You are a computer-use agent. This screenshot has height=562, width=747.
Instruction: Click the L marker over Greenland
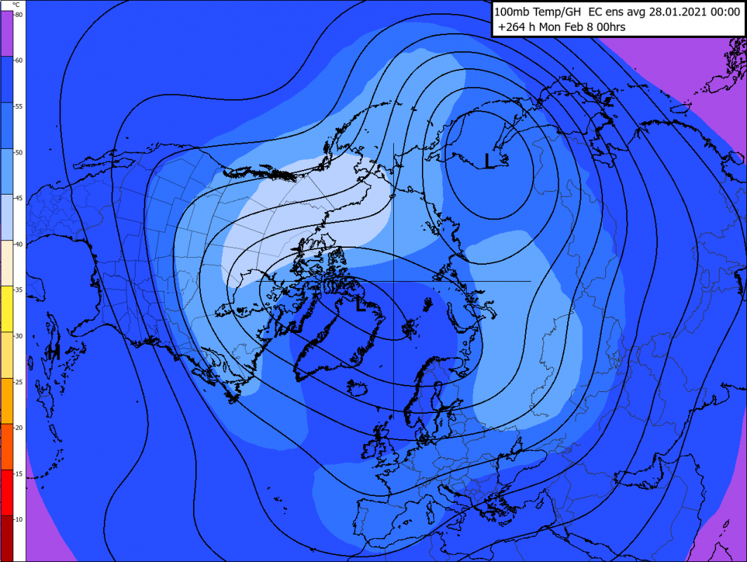pos(360,305)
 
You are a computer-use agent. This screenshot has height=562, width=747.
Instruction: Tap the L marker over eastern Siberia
pos(489,160)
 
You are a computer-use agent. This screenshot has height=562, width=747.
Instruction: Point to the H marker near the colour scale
pos(52,351)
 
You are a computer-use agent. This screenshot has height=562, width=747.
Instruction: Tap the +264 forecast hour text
pos(512,27)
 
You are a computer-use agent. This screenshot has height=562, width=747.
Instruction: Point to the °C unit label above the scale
pos(15,5)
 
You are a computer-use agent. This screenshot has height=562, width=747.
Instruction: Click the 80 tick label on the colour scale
pos(18,15)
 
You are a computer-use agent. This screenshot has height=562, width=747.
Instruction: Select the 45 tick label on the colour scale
pos(18,198)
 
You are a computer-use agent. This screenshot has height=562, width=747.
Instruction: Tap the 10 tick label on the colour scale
pos(18,518)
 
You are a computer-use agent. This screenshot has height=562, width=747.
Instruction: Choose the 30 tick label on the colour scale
pos(18,336)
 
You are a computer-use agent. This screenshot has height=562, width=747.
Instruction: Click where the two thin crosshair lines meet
pos(393,281)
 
